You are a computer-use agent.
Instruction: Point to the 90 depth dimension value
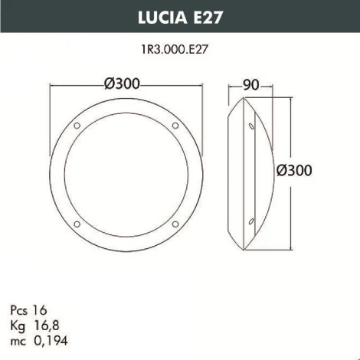tap(250, 85)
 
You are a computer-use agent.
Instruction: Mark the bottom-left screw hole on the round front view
tap(77, 223)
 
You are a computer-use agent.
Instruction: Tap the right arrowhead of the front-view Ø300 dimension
tap(198, 85)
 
